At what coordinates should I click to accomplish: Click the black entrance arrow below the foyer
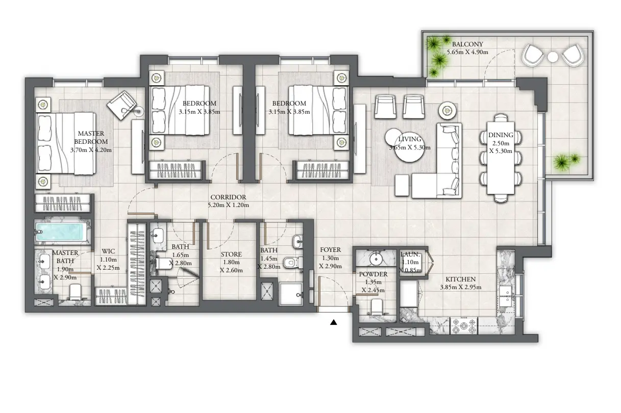click(x=334, y=322)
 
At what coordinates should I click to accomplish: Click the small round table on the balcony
click(x=554, y=57)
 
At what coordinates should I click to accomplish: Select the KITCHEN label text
click(x=460, y=279)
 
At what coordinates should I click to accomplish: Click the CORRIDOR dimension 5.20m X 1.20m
click(x=228, y=205)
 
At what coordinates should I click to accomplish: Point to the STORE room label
click(x=231, y=254)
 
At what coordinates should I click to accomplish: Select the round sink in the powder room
click(x=377, y=257)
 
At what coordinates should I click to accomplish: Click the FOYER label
click(x=330, y=250)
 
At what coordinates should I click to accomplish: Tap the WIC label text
click(x=108, y=251)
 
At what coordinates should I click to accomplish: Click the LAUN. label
click(x=410, y=254)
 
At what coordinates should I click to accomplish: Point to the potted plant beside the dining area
click(x=566, y=162)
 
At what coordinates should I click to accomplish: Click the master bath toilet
click(x=76, y=293)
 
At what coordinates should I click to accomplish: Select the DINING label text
click(x=497, y=135)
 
